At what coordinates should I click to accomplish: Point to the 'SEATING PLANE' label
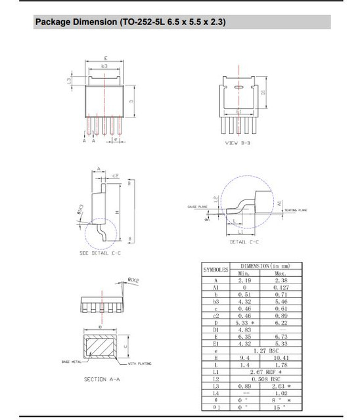(295, 210)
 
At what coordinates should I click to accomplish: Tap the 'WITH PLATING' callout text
(140, 363)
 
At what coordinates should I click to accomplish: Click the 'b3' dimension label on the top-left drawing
(104, 66)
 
